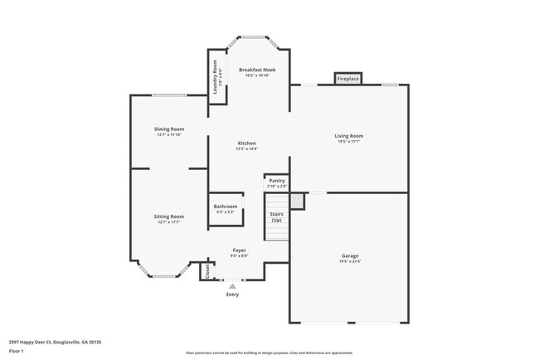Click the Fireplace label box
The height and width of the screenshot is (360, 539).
click(348, 79)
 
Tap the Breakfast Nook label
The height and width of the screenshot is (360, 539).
click(257, 71)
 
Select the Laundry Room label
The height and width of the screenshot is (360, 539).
click(215, 75)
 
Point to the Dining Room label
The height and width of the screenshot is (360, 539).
click(169, 129)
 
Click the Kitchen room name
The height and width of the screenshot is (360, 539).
click(246, 144)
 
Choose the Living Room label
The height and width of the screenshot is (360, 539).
click(349, 135)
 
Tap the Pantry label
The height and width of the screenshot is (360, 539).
click(277, 180)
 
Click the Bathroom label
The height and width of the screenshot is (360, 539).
click(226, 206)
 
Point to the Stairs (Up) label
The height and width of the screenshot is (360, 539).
click(276, 216)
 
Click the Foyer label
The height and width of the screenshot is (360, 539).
click(239, 250)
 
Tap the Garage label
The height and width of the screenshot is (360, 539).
click(350, 255)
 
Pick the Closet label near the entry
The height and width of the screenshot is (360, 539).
click(207, 271)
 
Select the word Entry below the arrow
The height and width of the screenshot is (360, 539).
click(232, 294)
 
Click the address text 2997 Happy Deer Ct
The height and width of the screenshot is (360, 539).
click(50, 341)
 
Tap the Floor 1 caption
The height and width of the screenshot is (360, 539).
click(17, 351)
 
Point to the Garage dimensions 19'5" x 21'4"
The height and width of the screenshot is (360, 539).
click(350, 261)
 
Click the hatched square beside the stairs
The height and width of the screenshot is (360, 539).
click(297, 201)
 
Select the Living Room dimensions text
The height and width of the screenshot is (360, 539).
click(349, 142)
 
